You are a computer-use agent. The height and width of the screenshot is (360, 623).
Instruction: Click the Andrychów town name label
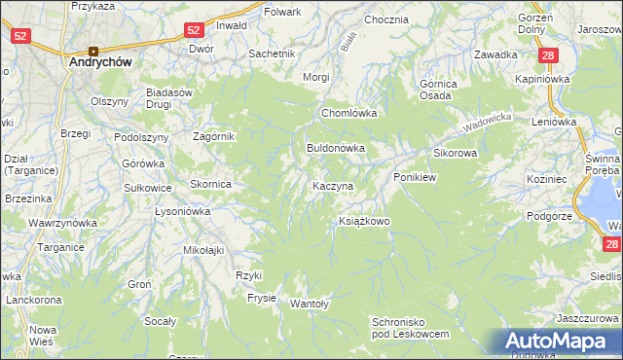100,60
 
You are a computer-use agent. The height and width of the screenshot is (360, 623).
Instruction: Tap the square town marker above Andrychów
93,51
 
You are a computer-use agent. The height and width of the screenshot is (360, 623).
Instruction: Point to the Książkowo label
364,222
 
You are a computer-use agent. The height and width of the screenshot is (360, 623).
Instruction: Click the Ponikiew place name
418,178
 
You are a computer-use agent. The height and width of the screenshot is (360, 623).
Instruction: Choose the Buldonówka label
335,149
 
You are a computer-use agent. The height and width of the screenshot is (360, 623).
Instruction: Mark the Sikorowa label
455,154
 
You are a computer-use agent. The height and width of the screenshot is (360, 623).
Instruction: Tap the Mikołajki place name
204,250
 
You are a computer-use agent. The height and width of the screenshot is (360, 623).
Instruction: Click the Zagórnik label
214,137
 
